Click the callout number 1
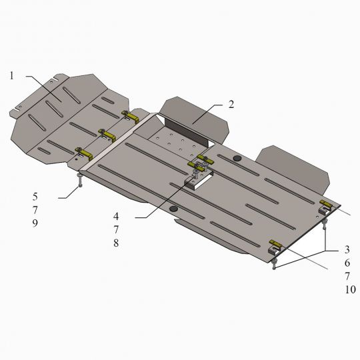[x=12, y=75]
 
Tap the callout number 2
[x=231, y=104]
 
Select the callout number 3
[x=347, y=249]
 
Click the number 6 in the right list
[x=347, y=263]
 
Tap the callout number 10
[x=350, y=289]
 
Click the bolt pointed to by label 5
[x=80, y=181]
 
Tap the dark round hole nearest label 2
[x=238, y=158]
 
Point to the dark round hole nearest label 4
[x=175, y=209]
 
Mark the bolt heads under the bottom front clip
[x=274, y=266]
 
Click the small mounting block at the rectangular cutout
[x=196, y=181]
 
